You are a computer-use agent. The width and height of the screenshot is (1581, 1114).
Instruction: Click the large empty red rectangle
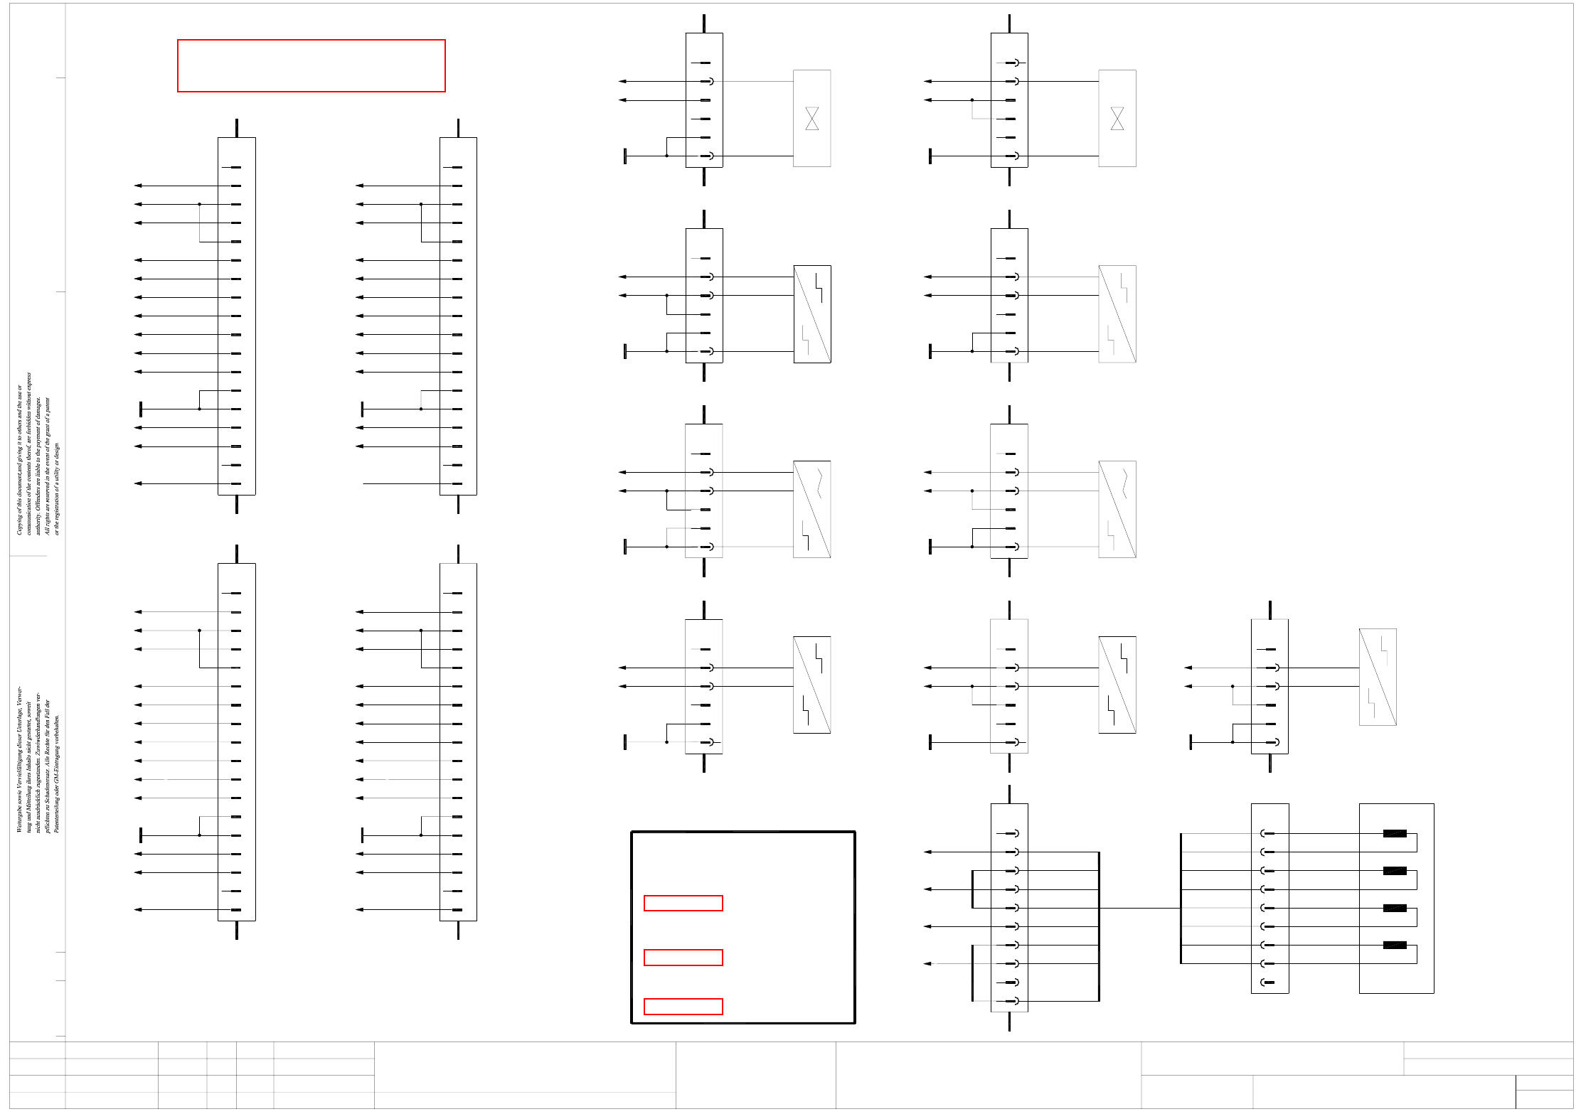coord(311,65)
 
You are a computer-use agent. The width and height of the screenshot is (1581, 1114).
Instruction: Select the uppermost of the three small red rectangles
coord(683,903)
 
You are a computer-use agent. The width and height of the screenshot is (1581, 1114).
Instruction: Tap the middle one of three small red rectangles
coord(683,958)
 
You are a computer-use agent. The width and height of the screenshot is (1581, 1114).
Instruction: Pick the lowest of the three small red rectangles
coord(683,1007)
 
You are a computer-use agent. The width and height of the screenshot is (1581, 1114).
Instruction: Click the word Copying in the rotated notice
coord(19,523)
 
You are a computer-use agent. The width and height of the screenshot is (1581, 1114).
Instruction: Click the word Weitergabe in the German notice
coord(19,818)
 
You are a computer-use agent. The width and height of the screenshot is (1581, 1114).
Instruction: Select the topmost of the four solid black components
coord(1395,833)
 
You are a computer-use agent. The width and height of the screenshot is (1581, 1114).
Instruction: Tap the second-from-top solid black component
coord(1395,871)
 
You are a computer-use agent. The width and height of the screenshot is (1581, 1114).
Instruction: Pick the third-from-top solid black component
coord(1395,908)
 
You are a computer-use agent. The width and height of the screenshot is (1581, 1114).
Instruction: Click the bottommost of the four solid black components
coord(1395,945)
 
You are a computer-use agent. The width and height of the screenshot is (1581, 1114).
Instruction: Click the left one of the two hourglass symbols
coord(812,119)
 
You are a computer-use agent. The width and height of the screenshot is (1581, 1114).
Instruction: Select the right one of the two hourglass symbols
coord(1117,119)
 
